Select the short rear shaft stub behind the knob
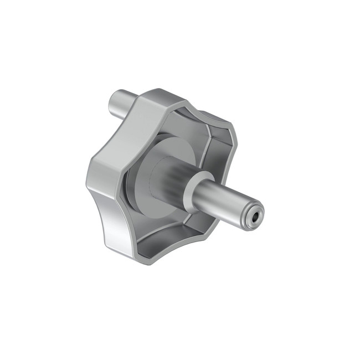(x=121, y=101)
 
